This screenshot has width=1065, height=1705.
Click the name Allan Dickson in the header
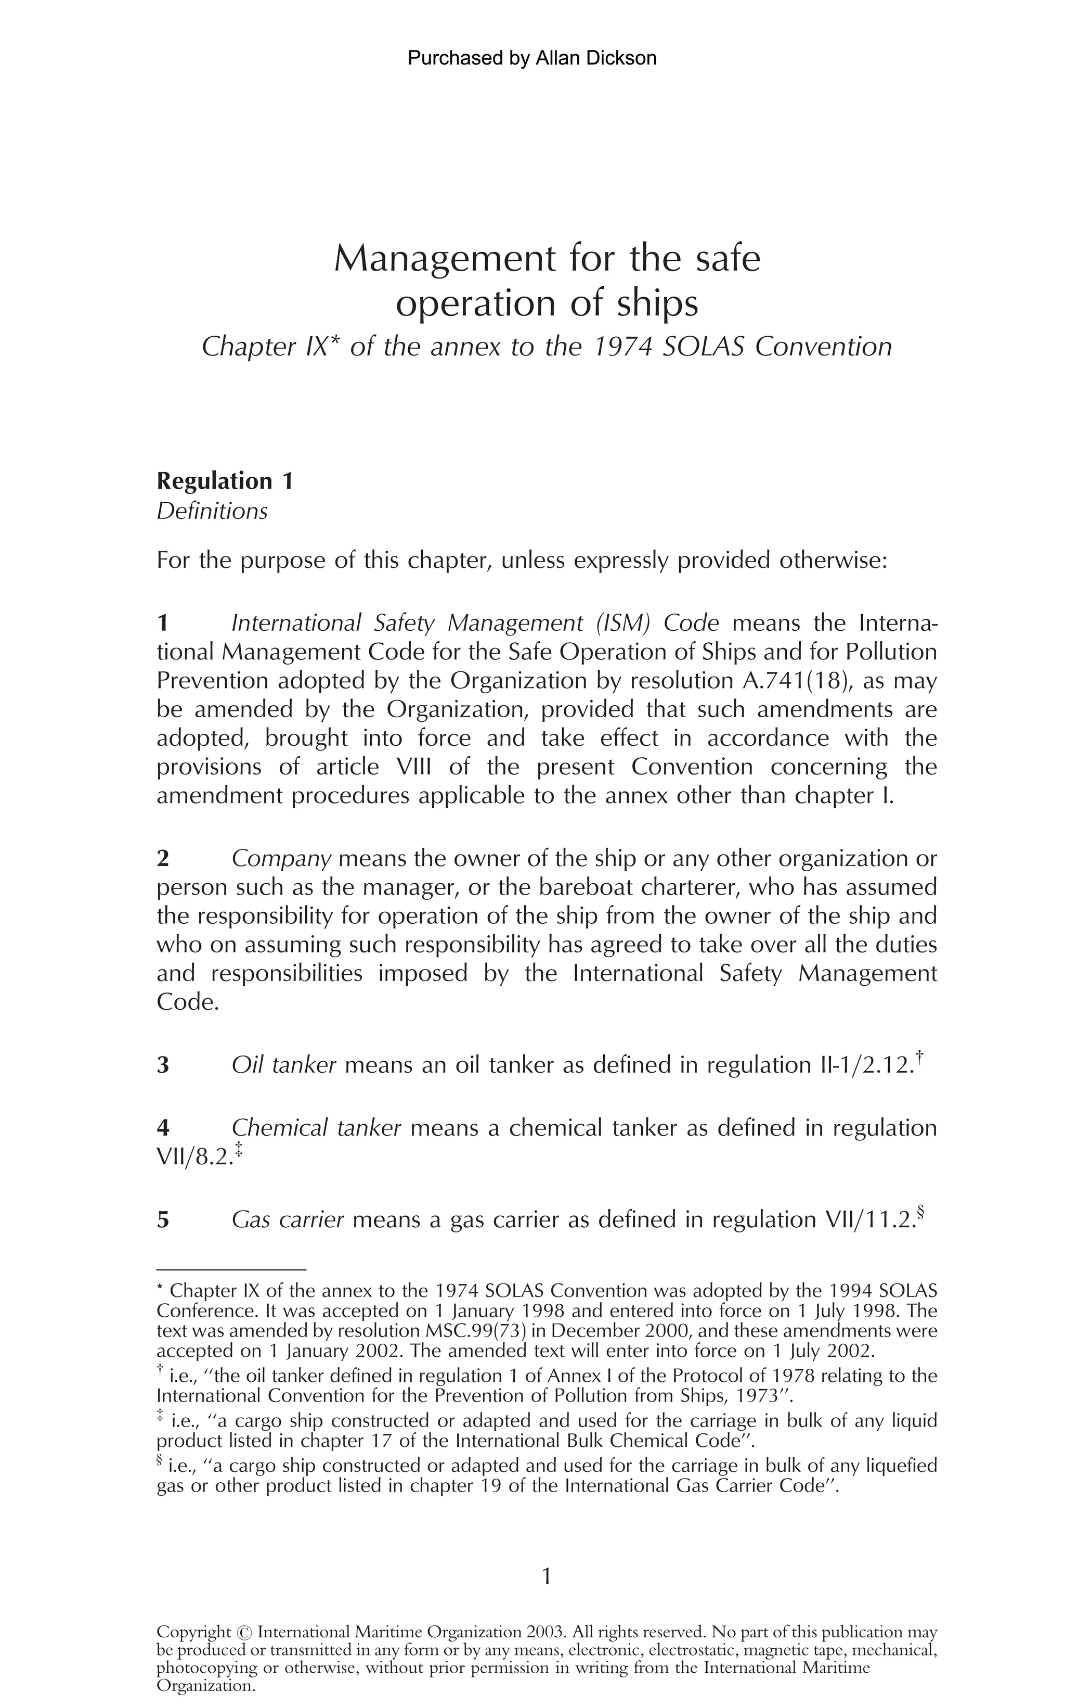pos(596,58)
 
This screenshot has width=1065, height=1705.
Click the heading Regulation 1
pos(225,481)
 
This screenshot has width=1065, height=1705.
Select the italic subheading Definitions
pos(212,511)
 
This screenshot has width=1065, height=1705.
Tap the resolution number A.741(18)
pos(796,681)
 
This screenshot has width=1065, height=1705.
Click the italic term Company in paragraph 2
pos(281,859)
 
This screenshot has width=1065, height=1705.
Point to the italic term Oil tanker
pos(283,1065)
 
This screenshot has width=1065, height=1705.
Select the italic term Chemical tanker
pos(316,1128)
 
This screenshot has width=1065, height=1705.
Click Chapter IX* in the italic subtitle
pos(266,347)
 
